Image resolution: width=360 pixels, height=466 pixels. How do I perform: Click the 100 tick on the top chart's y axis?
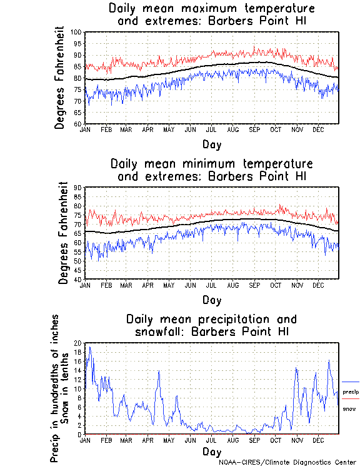[77, 32]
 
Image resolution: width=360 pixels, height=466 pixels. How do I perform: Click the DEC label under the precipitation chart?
[318, 440]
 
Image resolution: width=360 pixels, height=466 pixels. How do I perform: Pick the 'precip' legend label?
[350, 392]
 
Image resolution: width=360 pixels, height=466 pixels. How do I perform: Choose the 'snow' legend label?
[349, 408]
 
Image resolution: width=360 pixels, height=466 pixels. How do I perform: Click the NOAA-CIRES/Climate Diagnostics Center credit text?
[288, 462]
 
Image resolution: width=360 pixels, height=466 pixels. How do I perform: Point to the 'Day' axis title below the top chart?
[211, 145]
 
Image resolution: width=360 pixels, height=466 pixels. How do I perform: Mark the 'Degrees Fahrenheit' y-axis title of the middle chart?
[62, 233]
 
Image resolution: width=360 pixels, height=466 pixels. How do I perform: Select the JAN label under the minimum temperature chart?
[85, 285]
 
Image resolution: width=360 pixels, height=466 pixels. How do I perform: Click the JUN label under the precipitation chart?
[190, 440]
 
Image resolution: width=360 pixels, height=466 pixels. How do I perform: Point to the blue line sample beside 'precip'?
[350, 382]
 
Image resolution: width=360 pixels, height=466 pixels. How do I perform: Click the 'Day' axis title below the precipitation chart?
[211, 452]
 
